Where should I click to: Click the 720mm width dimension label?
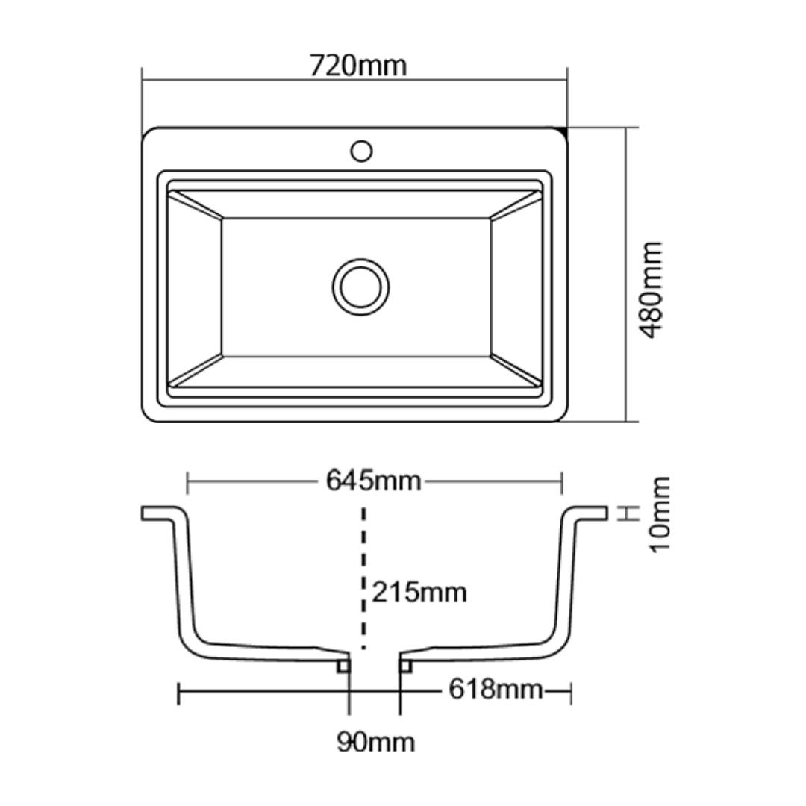pos(357,66)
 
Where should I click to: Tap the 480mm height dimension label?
pos(651,290)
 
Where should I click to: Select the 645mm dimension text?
pos(374,481)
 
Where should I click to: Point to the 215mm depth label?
pos(419,592)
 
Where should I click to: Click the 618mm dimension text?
pos(496,689)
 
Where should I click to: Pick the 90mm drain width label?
pos(375,743)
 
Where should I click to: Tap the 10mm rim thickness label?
pos(660,514)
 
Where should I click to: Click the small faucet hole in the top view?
pos(361,151)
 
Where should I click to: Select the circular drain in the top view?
pos(361,287)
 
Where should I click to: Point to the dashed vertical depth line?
pos(364,578)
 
